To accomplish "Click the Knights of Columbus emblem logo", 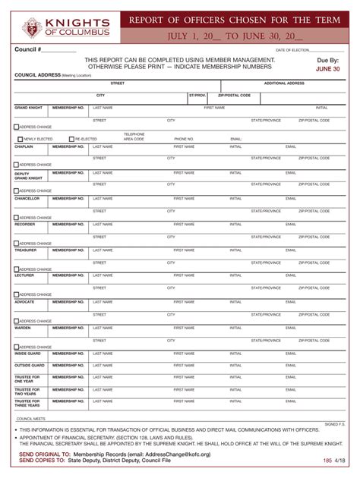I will pyautogui.click(x=33, y=28).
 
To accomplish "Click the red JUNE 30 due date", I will pyautogui.click(x=327, y=68).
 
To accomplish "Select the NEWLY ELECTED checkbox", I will pyautogui.click(x=21, y=139).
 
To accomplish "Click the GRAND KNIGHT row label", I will pyautogui.click(x=29, y=108).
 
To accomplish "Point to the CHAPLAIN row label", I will pyautogui.click(x=24, y=146).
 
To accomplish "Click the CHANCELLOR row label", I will pyautogui.click(x=27, y=198).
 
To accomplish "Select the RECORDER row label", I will pyautogui.click(x=25, y=224).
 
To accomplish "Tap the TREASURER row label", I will pyautogui.click(x=26, y=250).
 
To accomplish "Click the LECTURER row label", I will pyautogui.click(x=25, y=275).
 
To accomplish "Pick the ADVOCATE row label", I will pyautogui.click(x=25, y=301).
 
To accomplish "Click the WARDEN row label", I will pyautogui.click(x=24, y=328).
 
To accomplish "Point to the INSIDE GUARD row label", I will pyautogui.click(x=27, y=353).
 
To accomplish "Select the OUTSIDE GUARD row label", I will pyautogui.click(x=29, y=365).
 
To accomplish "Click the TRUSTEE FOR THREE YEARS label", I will pyautogui.click(x=27, y=403).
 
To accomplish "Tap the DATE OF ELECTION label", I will pyautogui.click(x=292, y=50).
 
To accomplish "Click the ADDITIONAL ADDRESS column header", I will pyautogui.click(x=284, y=83).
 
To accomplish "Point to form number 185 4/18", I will pyautogui.click(x=333, y=460).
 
